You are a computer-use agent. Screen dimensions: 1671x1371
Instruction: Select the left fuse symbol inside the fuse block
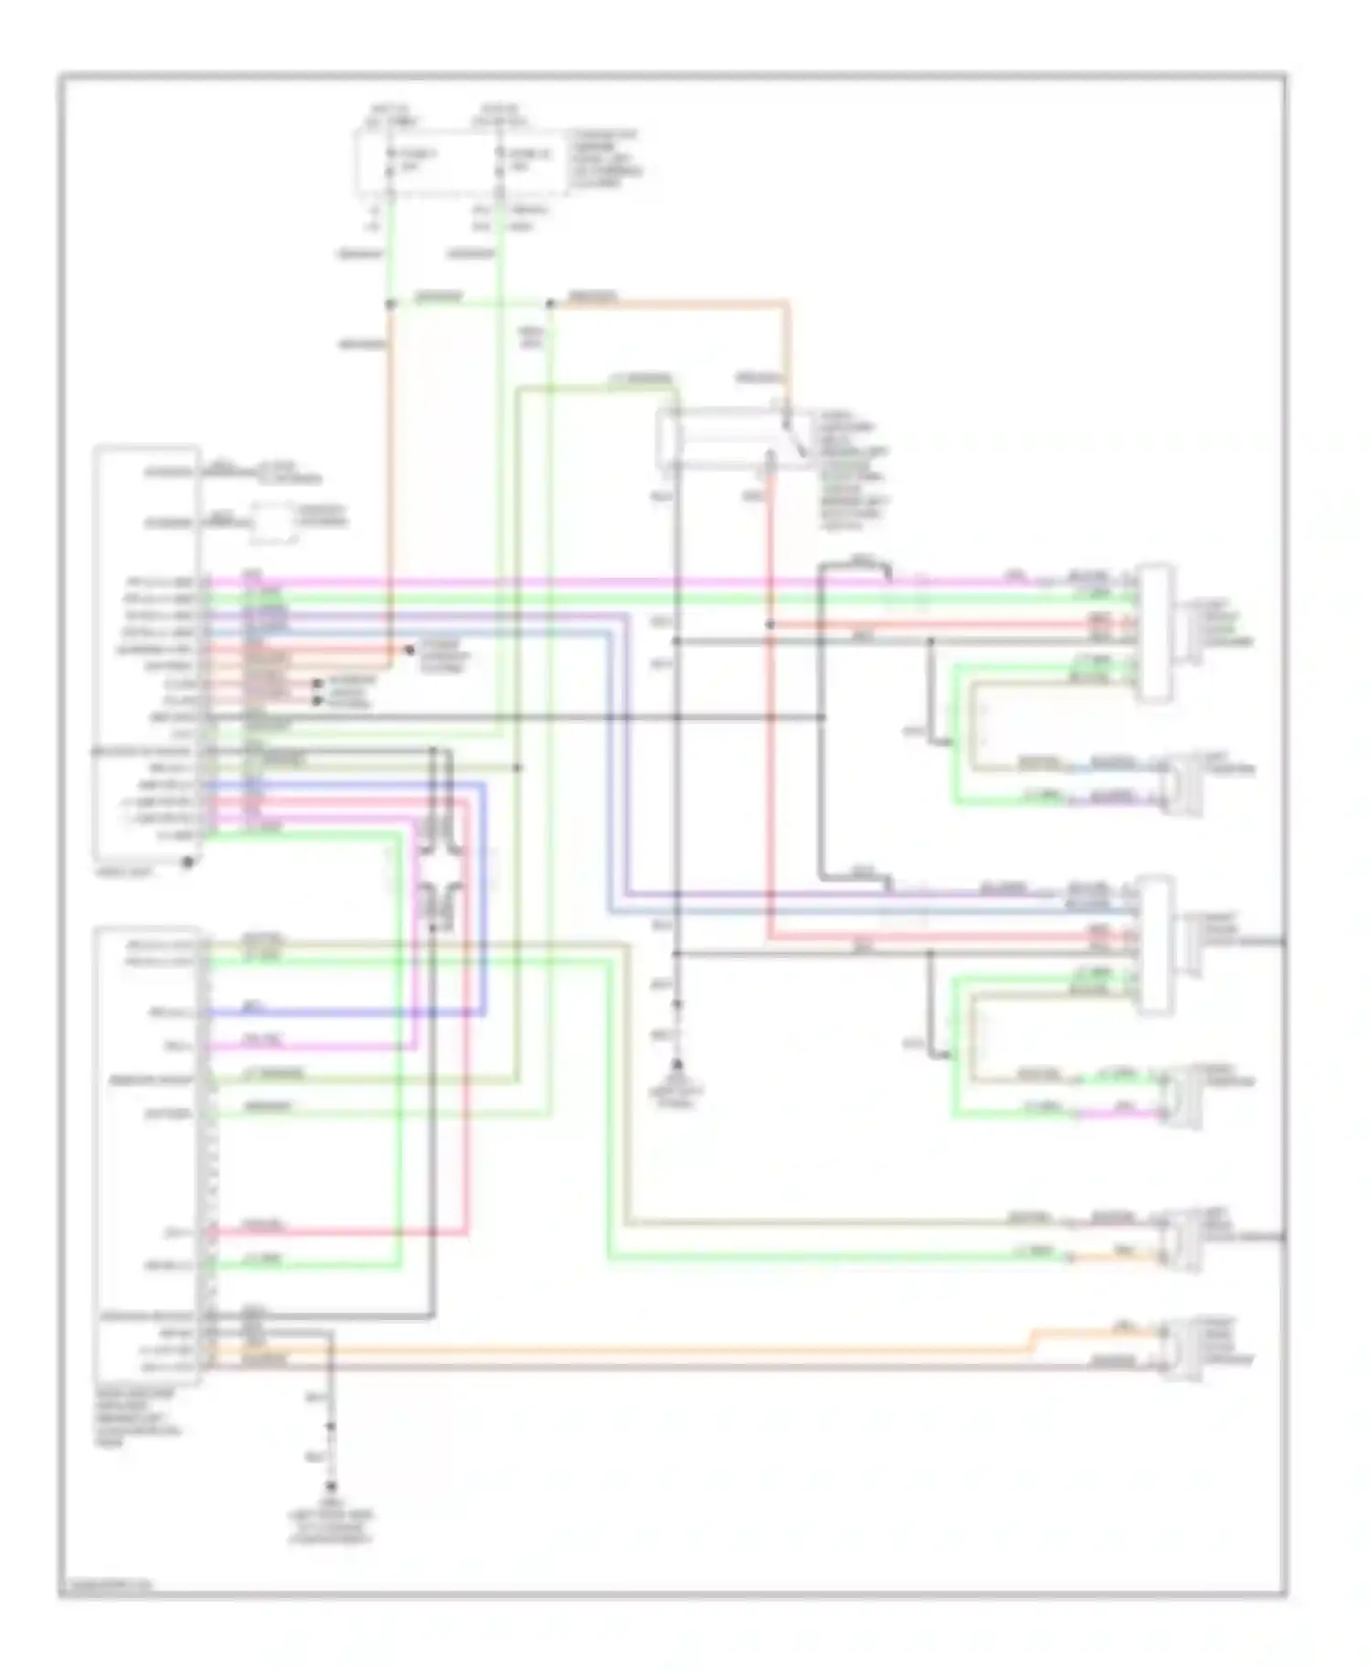(x=390, y=163)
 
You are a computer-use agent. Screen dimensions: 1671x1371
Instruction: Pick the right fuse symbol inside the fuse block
(x=499, y=163)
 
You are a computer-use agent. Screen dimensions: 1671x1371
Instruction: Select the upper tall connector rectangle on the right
(x=1155, y=633)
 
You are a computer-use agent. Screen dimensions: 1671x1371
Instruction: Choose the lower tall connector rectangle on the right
(x=1155, y=945)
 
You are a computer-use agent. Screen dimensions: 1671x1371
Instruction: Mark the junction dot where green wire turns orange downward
(x=390, y=303)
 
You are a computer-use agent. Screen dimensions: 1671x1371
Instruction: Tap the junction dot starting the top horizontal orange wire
(x=550, y=303)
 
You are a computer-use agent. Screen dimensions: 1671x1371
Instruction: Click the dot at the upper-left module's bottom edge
(x=187, y=862)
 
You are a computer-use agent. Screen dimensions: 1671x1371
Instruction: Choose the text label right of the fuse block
(x=605, y=159)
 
